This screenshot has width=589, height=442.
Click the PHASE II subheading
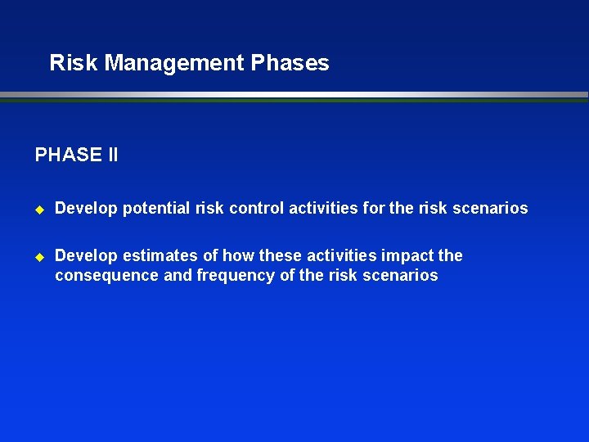point(76,155)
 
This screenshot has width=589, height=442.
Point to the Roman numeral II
point(113,155)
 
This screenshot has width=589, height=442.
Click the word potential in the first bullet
point(156,208)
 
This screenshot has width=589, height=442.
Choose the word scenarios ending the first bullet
point(492,208)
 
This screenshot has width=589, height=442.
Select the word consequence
point(107,275)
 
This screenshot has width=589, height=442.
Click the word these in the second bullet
point(281,255)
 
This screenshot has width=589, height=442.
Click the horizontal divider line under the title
point(294,96)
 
